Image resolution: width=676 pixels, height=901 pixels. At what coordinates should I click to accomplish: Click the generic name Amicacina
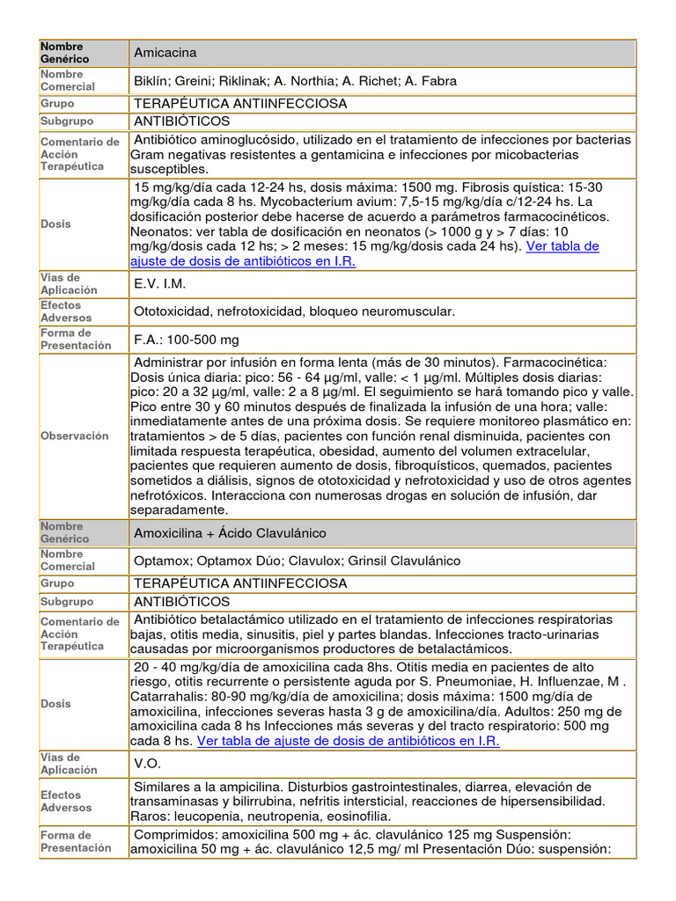click(165, 53)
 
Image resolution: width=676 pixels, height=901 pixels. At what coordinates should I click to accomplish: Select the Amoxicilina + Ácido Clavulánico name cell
click(230, 533)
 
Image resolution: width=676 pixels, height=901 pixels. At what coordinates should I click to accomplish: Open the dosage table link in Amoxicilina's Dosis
click(348, 741)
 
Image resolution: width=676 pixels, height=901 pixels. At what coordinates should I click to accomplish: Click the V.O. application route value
click(147, 764)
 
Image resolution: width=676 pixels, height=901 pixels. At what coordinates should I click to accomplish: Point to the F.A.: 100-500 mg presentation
click(186, 340)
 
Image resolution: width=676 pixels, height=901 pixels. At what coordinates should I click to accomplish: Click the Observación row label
click(75, 436)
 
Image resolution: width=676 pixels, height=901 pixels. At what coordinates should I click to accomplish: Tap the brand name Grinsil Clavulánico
click(404, 560)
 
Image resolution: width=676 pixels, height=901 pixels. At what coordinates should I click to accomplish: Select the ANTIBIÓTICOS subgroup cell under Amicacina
click(181, 121)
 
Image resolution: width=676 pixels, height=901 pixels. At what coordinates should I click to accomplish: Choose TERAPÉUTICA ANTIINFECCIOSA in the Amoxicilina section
click(240, 582)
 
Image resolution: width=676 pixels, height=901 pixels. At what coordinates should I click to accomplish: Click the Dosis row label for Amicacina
click(55, 223)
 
